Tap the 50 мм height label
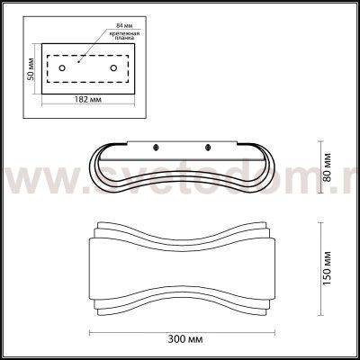(x=32, y=67)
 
